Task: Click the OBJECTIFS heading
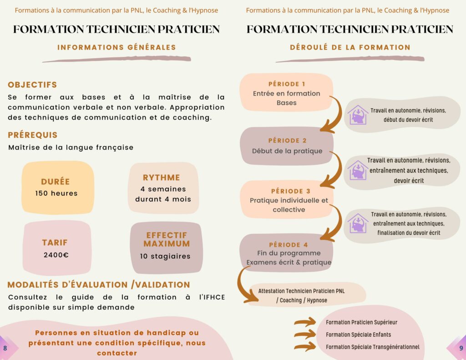pos(32,85)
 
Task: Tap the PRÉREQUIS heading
pos(32,135)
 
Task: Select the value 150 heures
pos(56,193)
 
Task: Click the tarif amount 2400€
pos(56,255)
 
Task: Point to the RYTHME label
pos(162,177)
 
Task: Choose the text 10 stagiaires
pos(165,256)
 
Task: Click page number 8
pos(5,348)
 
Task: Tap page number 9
pos(461,348)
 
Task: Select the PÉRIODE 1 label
pos(287,84)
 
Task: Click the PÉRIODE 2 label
pos(287,141)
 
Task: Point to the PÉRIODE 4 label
pos(288,245)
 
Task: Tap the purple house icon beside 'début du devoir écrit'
pos(358,115)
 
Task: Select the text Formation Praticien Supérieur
pos(361,322)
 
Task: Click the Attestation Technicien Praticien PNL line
pos(301,291)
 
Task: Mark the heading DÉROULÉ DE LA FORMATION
pos(350,47)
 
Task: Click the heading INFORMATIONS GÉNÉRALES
pos(116,47)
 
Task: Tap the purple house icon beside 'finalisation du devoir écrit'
pos(358,223)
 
